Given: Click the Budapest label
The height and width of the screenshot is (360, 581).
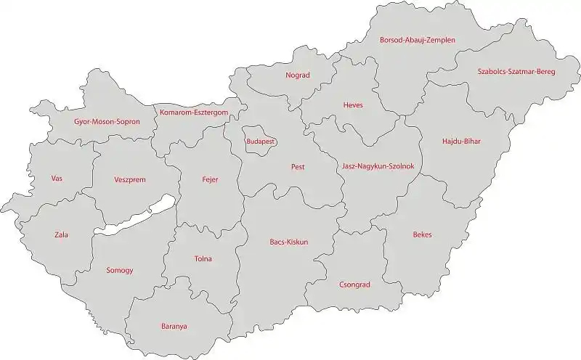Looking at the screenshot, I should coord(260,142).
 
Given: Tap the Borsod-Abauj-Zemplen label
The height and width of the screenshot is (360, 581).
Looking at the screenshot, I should coord(418,41).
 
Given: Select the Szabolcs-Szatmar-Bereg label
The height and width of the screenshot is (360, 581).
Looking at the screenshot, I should coord(516,71).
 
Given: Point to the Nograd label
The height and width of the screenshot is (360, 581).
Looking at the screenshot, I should coord(298,75).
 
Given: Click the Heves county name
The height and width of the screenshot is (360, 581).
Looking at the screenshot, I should coord(353,105).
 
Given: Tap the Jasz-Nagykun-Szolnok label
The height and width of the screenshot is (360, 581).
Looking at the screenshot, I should coord(378,166).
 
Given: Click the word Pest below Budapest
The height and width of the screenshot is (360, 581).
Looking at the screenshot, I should coord(297,167).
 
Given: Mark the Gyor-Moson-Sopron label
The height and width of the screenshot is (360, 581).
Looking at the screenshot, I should coord(107,122).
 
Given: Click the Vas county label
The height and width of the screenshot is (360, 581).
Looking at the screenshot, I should coord(57,179).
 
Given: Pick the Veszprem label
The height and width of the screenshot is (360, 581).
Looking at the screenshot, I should coord(130,179).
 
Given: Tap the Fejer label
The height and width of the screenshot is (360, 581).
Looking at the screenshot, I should coord(210,179).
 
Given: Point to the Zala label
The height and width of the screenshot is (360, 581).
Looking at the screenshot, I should coord(61,234).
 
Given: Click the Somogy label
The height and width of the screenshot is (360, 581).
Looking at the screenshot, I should coord(120,271).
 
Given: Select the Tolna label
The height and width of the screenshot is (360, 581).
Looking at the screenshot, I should coord(203,258).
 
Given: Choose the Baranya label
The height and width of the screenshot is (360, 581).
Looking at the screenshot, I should coord(174,327).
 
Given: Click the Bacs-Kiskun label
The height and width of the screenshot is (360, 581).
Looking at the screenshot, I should coord(289,242).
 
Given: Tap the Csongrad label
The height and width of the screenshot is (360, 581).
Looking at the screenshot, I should coord(354,285).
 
